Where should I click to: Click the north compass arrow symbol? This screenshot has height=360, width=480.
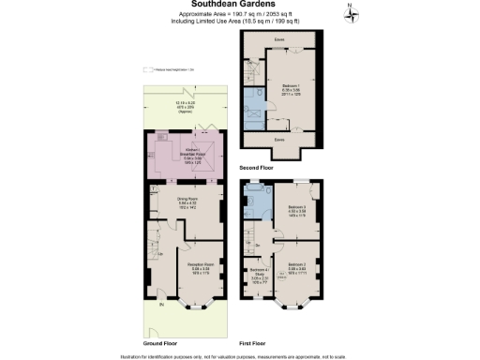coord(348,11)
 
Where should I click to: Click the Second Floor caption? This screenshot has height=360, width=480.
coord(256,167)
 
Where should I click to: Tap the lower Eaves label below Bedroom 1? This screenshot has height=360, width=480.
coord(278,139)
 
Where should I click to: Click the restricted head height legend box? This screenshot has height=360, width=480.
coord(146,69)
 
